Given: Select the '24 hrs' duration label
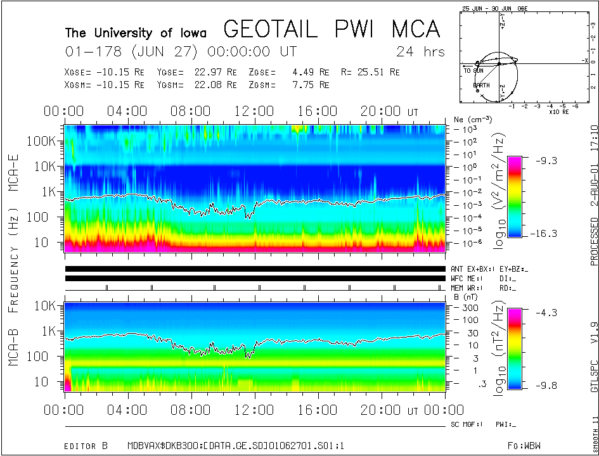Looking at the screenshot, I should (420, 51).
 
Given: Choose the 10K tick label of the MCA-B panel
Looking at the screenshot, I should (47, 306).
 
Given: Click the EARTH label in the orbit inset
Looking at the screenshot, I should (481, 85).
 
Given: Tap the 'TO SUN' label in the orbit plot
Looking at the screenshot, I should (473, 71).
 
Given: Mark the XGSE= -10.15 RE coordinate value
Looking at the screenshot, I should (105, 72).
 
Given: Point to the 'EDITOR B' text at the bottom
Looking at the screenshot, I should (82, 429).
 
